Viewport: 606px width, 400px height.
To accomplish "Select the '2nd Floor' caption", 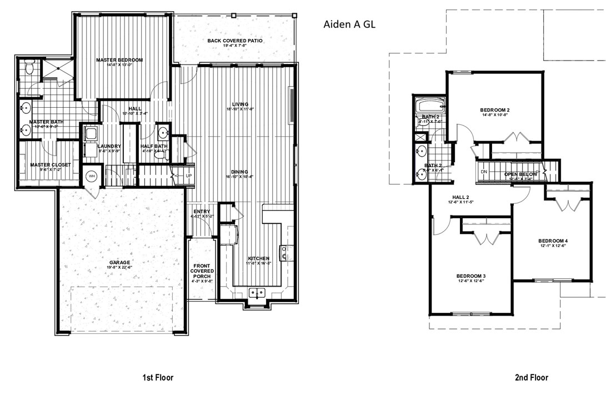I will tap(531, 377).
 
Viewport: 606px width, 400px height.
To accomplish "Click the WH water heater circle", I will tap(91, 176).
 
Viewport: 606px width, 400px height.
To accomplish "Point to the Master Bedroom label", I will tap(119, 60).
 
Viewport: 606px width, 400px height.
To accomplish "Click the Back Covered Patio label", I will tap(234, 41).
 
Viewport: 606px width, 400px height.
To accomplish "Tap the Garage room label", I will tap(119, 262).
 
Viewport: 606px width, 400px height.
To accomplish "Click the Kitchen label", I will tap(258, 258).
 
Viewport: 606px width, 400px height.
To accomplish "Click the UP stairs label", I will tap(188, 176).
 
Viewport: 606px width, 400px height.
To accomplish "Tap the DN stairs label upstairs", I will tap(484, 172).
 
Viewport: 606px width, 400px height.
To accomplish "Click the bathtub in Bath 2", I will tap(430, 105).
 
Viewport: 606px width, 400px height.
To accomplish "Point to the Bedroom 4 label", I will tap(553, 241).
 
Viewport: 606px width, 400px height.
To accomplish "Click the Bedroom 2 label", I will tap(494, 110).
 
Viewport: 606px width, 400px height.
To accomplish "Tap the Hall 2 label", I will tap(461, 197).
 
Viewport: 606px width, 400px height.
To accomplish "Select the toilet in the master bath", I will tap(31, 69).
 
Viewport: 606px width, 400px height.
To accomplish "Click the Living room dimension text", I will tap(240, 109).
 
